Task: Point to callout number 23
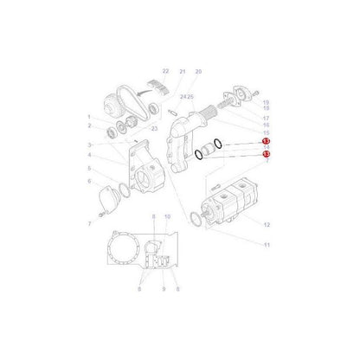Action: tap(154, 128)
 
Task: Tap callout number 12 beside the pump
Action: tap(267, 225)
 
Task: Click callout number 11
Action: tap(267, 246)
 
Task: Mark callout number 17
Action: tap(267, 118)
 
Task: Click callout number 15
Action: tap(267, 132)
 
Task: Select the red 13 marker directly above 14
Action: tap(267, 140)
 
